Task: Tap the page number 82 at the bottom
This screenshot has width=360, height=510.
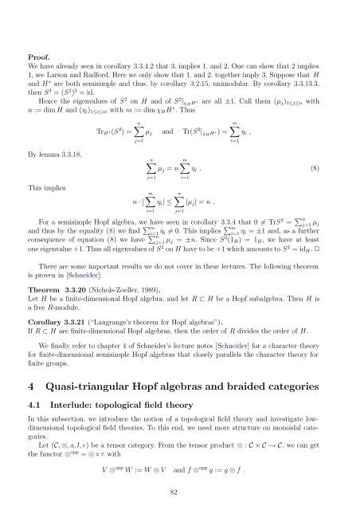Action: tap(180, 493)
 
